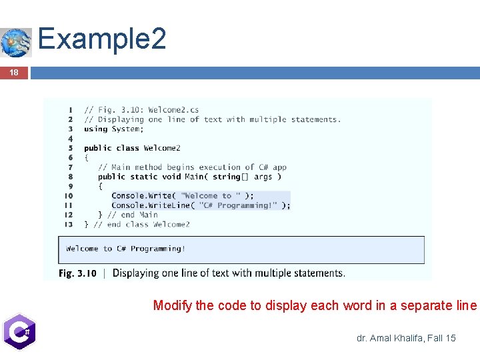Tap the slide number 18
point(14,73)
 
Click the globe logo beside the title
point(16,43)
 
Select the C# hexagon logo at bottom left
point(18,331)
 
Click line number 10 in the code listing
point(69,196)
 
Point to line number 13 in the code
point(69,225)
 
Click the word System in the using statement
point(125,129)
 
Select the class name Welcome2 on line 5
point(162,148)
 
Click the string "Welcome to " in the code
point(210,196)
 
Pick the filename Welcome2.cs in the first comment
point(173,110)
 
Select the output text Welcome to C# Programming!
point(126,249)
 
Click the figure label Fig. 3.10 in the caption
point(77,273)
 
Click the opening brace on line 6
point(86,158)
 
